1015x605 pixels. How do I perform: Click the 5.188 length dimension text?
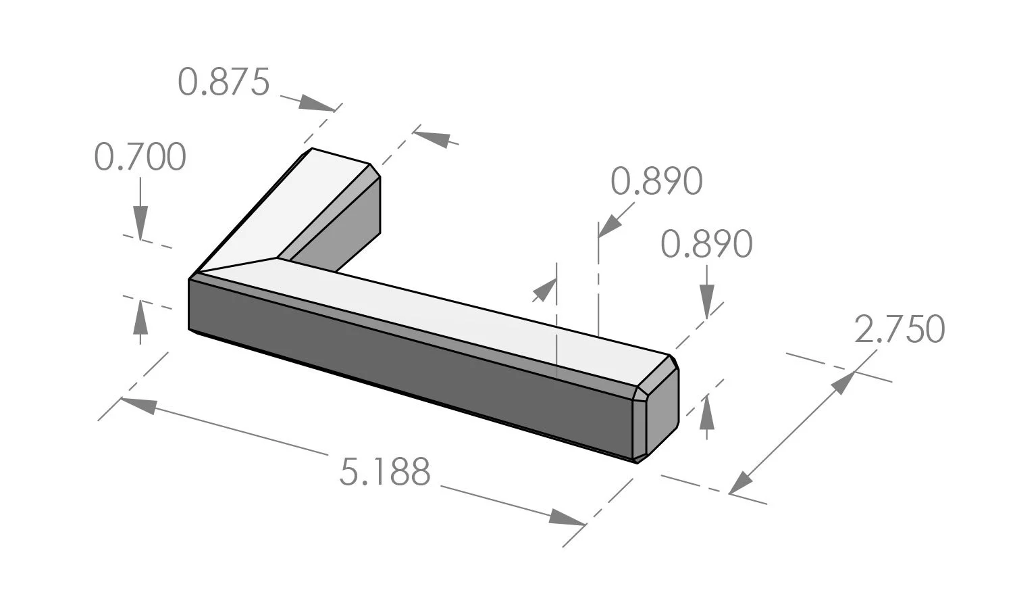coord(384,472)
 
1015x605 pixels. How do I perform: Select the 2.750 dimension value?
coord(899,330)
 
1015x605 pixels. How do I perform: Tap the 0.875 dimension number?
coord(224,82)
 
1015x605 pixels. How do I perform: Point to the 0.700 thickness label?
coord(140,158)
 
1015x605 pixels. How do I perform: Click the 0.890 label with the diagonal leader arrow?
coord(656,181)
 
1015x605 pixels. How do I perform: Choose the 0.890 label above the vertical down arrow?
coord(706,244)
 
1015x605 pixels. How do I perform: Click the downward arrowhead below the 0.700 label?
coord(140,222)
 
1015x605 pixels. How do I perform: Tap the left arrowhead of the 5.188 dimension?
coord(138,405)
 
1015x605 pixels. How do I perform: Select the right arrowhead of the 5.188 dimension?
coord(567,518)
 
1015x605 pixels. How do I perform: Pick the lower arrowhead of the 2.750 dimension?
coord(741,483)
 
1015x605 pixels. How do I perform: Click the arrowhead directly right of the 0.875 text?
coord(316,103)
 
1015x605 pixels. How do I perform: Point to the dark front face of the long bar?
coord(405,365)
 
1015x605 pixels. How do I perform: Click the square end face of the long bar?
coord(662,412)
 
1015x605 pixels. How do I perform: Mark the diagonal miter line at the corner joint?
coord(236,266)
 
